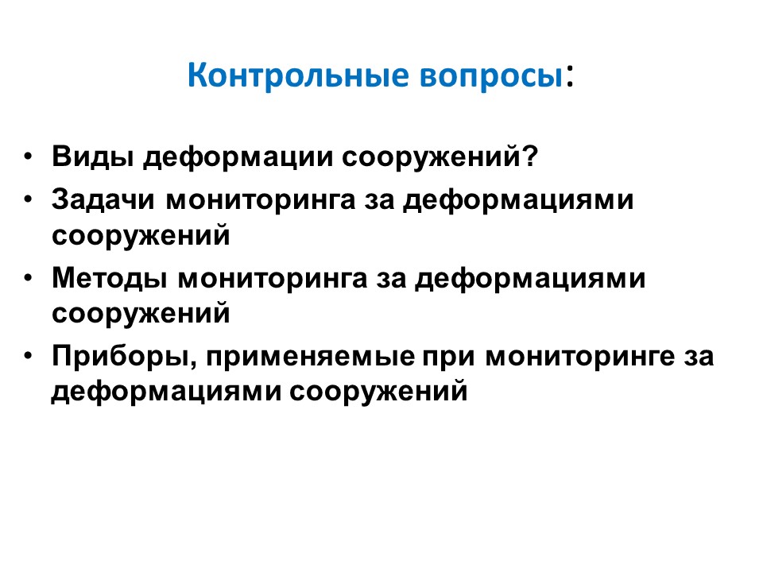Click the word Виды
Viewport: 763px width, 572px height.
click(x=92, y=157)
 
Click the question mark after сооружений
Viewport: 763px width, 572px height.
click(x=529, y=156)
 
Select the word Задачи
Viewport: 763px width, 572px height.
click(x=103, y=200)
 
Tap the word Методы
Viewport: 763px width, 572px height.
click(x=110, y=279)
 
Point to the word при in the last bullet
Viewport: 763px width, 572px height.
click(x=448, y=358)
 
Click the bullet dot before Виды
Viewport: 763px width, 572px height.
click(x=29, y=157)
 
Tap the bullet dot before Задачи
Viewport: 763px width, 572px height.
click(x=29, y=199)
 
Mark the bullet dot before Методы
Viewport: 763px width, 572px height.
click(x=29, y=278)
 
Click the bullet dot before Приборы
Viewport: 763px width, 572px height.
click(x=29, y=356)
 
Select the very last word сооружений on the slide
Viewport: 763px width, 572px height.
click(x=378, y=392)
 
